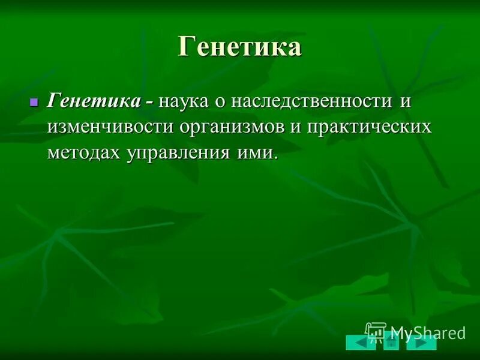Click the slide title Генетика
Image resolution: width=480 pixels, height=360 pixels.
239,47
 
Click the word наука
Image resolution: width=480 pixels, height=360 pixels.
184,101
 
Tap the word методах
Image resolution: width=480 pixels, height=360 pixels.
83,152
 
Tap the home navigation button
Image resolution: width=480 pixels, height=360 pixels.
391,343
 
